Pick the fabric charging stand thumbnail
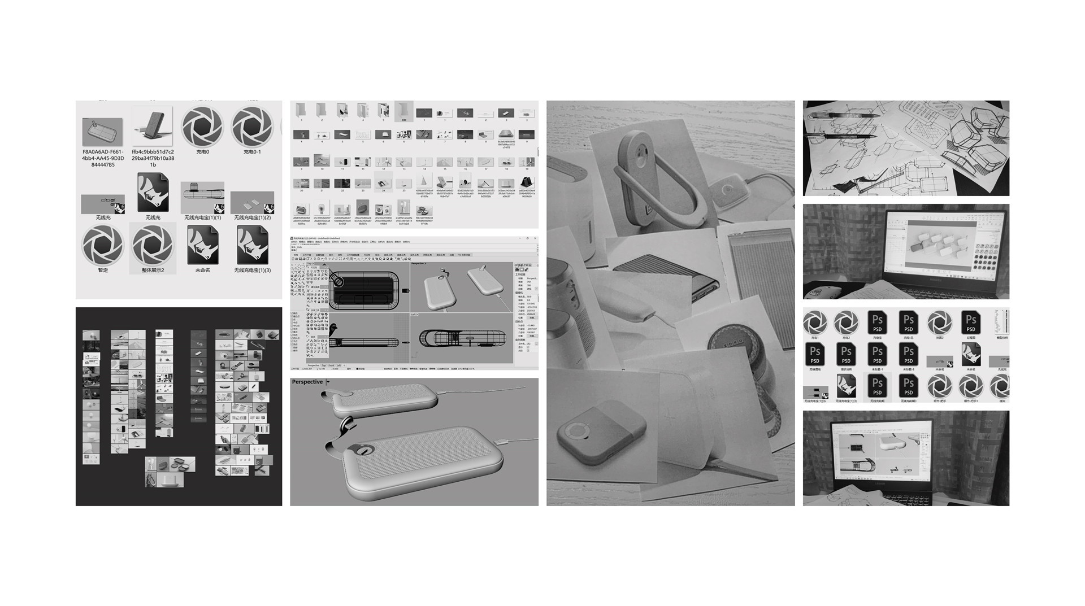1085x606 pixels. coord(153,127)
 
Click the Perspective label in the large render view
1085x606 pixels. coord(307,382)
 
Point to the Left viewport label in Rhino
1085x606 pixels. coord(414,315)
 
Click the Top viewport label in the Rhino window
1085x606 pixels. coord(309,264)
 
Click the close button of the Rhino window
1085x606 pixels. coord(535,238)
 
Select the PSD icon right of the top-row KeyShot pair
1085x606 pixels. coord(877,322)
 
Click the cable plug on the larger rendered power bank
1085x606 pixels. coord(501,442)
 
